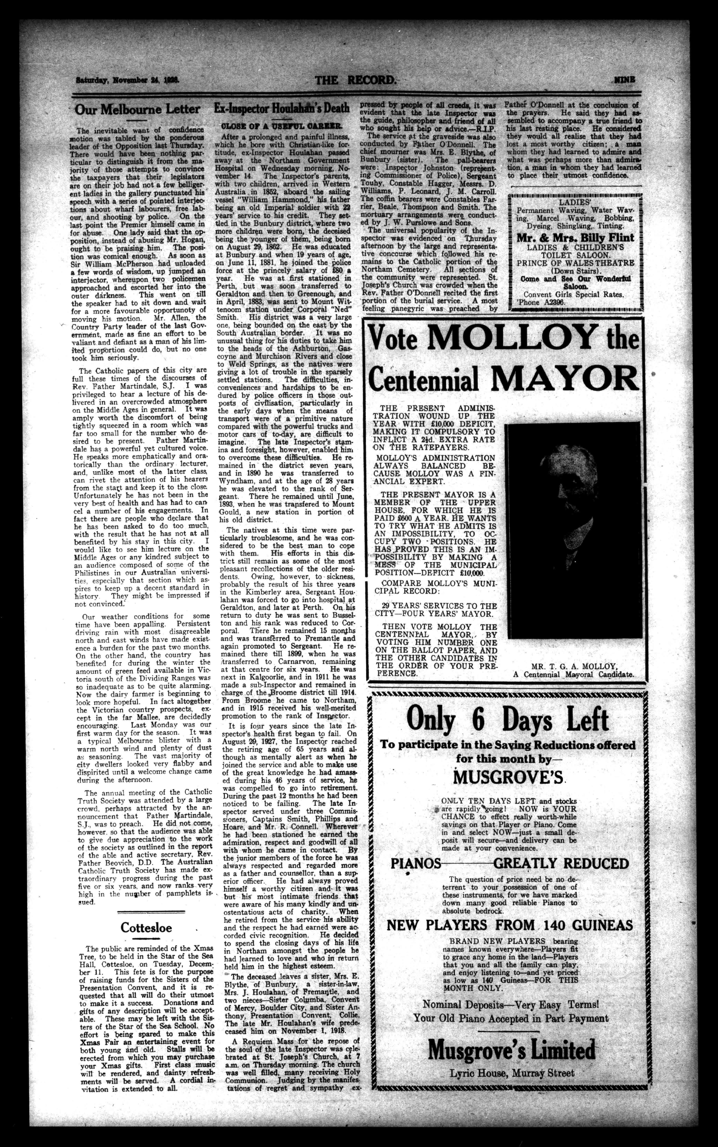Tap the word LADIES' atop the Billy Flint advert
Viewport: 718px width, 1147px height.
coord(574,201)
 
